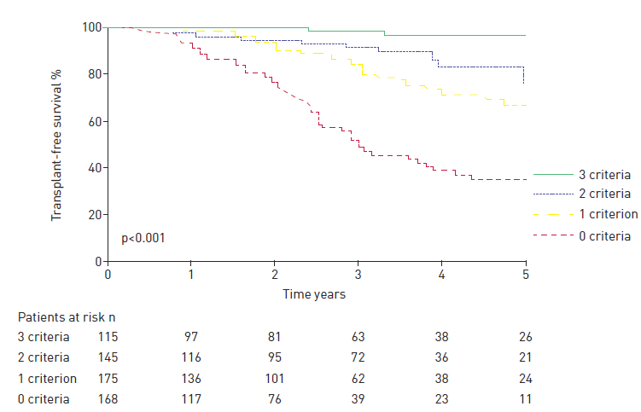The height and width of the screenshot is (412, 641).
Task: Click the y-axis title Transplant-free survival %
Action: (56, 145)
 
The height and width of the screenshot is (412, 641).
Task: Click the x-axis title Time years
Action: (315, 293)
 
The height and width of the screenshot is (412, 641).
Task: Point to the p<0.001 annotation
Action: (142, 238)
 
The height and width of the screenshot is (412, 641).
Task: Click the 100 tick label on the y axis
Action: (91, 28)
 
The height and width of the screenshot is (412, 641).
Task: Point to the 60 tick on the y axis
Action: (94, 121)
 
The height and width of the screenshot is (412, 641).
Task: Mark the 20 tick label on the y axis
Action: (94, 215)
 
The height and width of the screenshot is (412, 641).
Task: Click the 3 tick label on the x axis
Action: (358, 275)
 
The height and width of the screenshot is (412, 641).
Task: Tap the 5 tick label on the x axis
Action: (525, 275)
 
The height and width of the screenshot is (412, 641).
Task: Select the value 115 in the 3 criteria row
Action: (108, 337)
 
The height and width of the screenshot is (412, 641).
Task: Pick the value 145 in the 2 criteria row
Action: (108, 357)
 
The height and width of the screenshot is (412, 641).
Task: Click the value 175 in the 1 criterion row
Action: (108, 378)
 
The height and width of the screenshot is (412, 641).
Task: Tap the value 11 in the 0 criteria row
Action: (525, 398)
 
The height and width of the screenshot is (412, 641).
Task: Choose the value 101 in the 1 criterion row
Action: (274, 378)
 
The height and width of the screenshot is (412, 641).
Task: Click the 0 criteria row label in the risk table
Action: (44, 398)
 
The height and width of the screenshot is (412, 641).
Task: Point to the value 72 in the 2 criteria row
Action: (358, 357)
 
